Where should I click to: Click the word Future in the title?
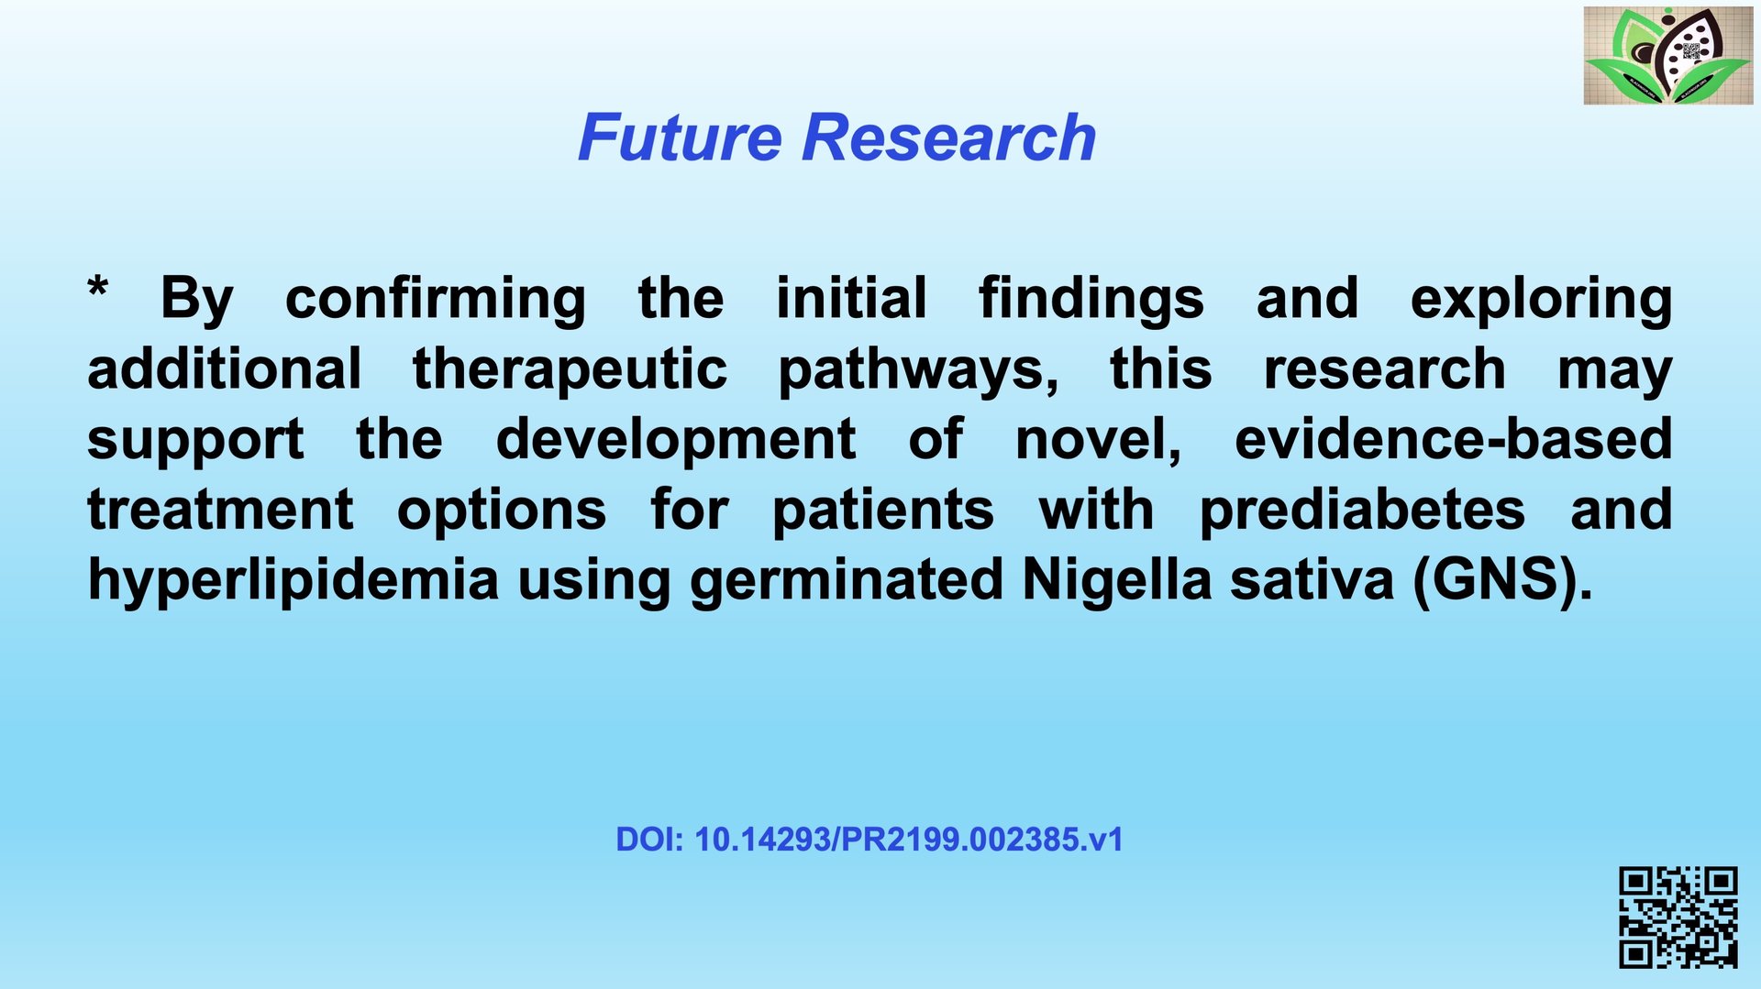pyautogui.click(x=680, y=137)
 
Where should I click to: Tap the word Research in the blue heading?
pyautogui.click(x=949, y=137)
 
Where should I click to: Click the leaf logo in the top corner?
pyautogui.click(x=1667, y=55)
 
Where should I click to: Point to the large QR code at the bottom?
pyautogui.click(x=1678, y=918)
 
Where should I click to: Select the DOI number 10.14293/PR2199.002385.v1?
pyautogui.click(x=909, y=840)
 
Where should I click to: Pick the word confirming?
pyautogui.click(x=436, y=300)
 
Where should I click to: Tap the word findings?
pyautogui.click(x=1091, y=300)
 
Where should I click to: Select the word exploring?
pyautogui.click(x=1541, y=300)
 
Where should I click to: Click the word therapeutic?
pyautogui.click(x=570, y=370)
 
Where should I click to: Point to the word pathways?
pyautogui.click(x=918, y=370)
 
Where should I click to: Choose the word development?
pyautogui.click(x=676, y=440)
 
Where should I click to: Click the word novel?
pyautogui.click(x=1099, y=440)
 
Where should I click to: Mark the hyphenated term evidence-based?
pyautogui.click(x=1453, y=440)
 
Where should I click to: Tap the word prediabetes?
pyautogui.click(x=1362, y=511)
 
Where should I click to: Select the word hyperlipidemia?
pyautogui.click(x=293, y=581)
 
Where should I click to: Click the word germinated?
pyautogui.click(x=847, y=581)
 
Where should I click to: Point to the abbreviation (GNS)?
pyautogui.click(x=1503, y=581)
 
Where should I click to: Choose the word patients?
pyautogui.click(x=883, y=511)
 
